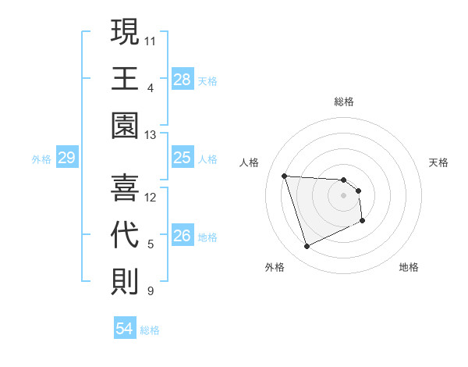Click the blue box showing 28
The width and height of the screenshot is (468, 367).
click(x=182, y=80)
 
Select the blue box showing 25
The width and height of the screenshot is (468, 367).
click(x=182, y=159)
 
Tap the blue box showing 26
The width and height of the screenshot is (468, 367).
click(x=182, y=237)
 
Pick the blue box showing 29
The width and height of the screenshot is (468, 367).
click(x=66, y=159)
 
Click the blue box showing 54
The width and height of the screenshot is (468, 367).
click(x=124, y=329)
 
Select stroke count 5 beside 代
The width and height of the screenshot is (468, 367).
click(x=151, y=245)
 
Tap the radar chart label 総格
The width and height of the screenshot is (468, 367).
click(x=344, y=102)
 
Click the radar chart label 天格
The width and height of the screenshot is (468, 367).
click(x=439, y=162)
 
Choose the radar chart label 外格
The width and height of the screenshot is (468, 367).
click(x=275, y=267)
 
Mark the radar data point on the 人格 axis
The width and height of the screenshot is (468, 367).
click(x=285, y=176)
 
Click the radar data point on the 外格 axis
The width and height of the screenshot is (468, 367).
click(x=307, y=247)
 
